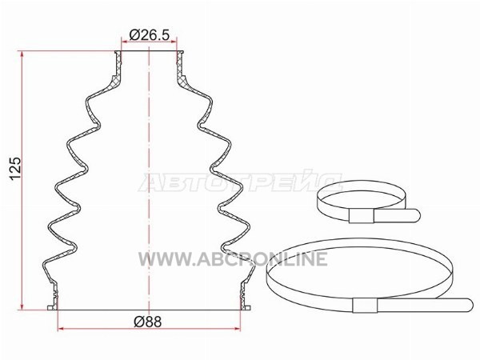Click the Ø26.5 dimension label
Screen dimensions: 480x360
point(149,34)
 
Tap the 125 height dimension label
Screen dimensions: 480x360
point(15,169)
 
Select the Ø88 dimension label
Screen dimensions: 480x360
point(148,322)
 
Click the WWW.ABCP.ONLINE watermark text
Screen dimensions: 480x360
point(233,259)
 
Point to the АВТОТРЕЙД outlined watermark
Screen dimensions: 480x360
point(240,182)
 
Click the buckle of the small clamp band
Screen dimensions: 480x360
point(362,216)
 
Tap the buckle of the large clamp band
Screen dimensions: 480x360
point(365,305)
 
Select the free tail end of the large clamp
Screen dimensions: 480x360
point(469,305)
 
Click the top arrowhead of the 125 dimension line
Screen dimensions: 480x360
point(22,54)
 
